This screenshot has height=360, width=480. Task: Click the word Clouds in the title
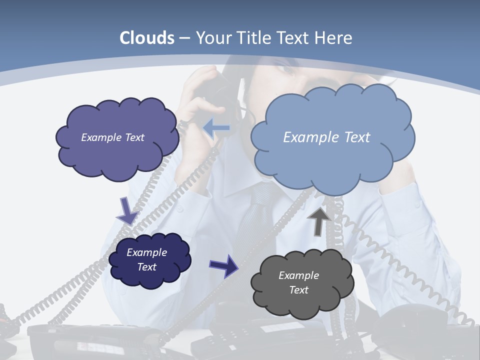pyautogui.click(x=147, y=38)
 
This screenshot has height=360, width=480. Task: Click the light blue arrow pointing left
pyautogui.click(x=216, y=128)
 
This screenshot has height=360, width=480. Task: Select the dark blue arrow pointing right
pyautogui.click(x=223, y=265)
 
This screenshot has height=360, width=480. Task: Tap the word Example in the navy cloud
pyautogui.click(x=146, y=252)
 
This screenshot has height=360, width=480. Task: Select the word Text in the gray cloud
pyautogui.click(x=298, y=290)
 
